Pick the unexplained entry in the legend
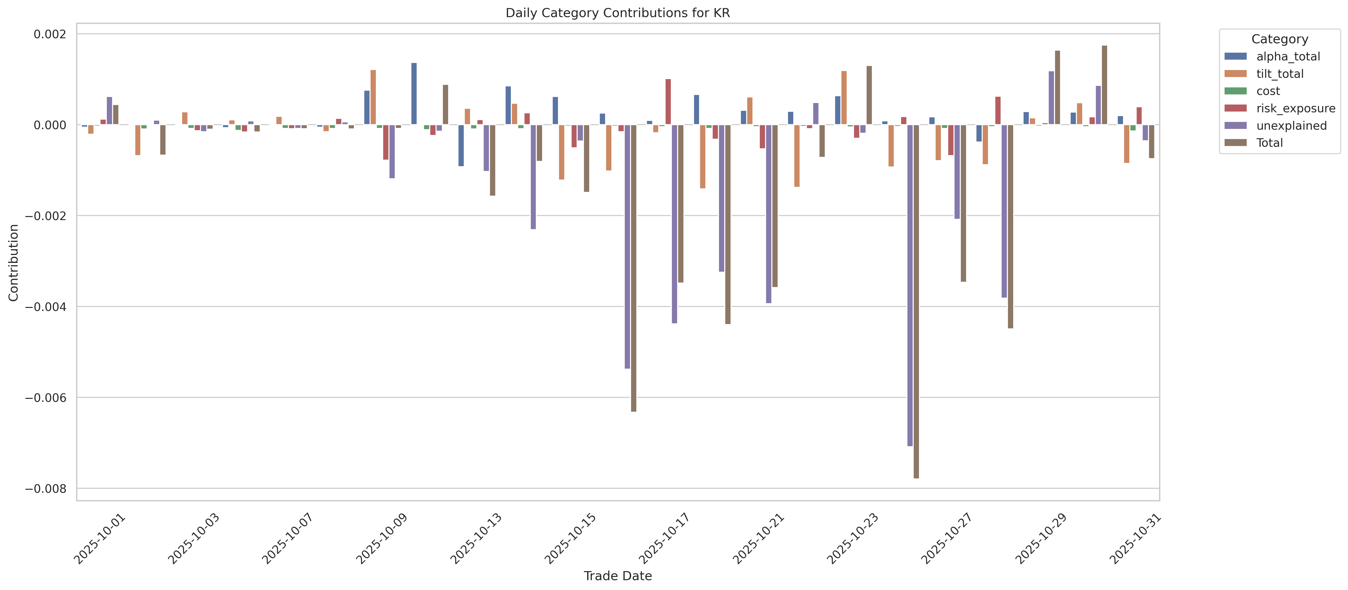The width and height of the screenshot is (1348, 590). point(1291,126)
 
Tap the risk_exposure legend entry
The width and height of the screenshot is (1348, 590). point(1295,108)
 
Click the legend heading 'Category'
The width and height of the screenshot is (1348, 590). point(1279,39)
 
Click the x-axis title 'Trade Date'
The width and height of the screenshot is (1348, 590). point(617,576)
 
